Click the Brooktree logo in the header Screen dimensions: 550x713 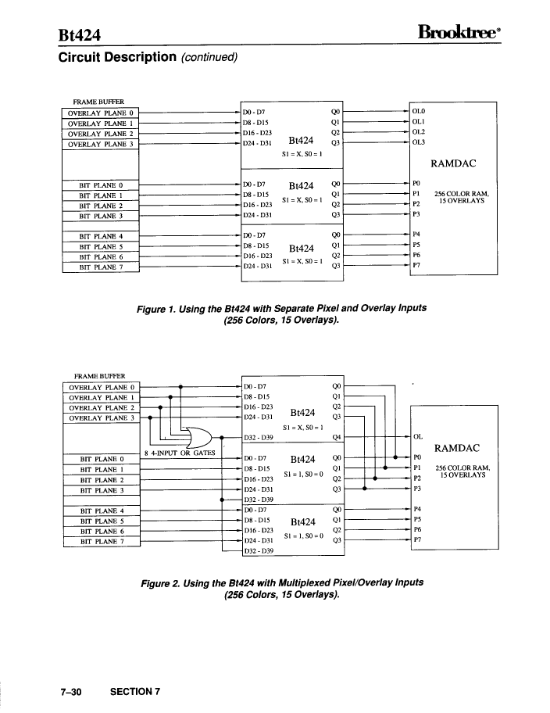tap(459, 32)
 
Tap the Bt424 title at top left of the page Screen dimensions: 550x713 tap(80, 35)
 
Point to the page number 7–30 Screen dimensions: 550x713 tap(71, 692)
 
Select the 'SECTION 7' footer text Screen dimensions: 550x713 tap(135, 692)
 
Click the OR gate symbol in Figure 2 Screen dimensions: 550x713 tap(198, 438)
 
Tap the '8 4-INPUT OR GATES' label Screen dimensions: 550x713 tap(180, 453)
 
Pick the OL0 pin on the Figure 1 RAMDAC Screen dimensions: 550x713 tap(418, 111)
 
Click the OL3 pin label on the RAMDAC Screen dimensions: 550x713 tap(418, 142)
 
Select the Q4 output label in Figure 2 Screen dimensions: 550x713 tap(337, 438)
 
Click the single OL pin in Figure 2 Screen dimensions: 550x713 tap(418, 436)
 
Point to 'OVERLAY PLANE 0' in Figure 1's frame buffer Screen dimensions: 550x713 tap(101, 113)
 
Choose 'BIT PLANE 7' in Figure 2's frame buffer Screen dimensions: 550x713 tap(102, 542)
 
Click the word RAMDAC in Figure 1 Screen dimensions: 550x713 tap(453, 163)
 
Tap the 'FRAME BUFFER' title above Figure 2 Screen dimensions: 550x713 tap(99, 376)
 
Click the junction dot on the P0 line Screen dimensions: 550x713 tap(395, 457)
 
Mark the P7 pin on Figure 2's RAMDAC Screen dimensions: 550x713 tap(417, 539)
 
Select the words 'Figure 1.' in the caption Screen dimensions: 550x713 tap(156, 310)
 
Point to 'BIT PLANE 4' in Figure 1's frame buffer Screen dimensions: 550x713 tap(101, 236)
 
